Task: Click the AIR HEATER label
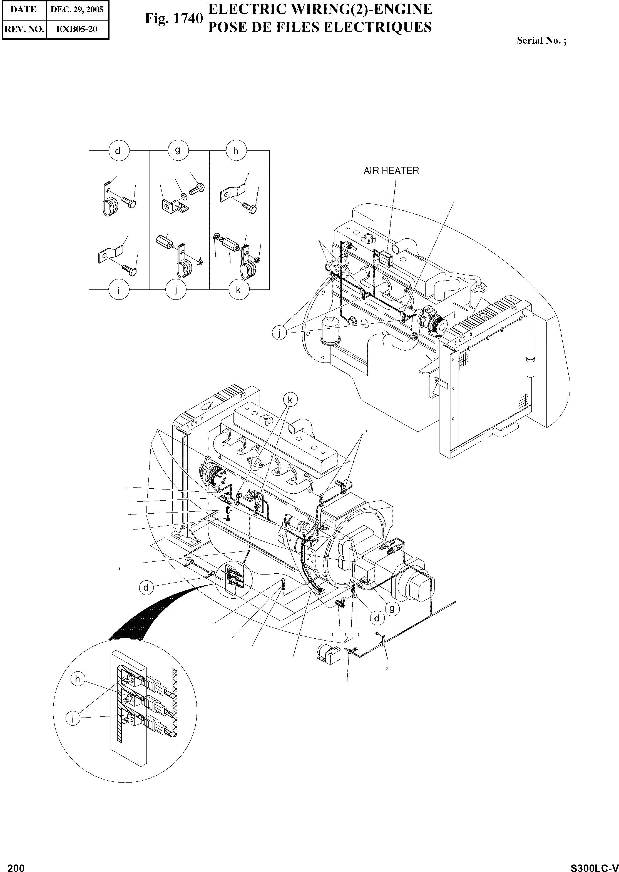point(391,171)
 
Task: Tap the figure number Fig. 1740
point(173,18)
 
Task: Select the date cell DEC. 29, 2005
point(77,9)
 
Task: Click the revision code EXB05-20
point(77,29)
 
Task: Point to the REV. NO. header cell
point(24,29)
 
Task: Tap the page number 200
point(16,865)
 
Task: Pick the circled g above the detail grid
point(178,150)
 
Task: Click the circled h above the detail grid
point(235,151)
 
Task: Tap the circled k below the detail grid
point(238,290)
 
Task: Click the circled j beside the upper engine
point(279,333)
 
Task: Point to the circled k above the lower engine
point(290,400)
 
